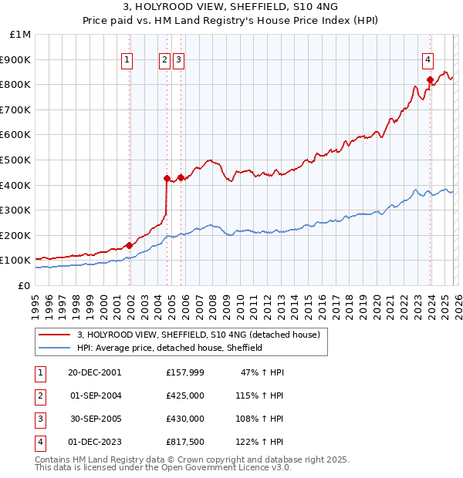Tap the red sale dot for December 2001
coord(129,245)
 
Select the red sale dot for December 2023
coord(430,79)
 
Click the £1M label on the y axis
coord(21,34)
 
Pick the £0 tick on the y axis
coord(23,285)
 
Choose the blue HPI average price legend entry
coord(170,348)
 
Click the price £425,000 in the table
coord(185,396)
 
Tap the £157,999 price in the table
coord(185,372)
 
